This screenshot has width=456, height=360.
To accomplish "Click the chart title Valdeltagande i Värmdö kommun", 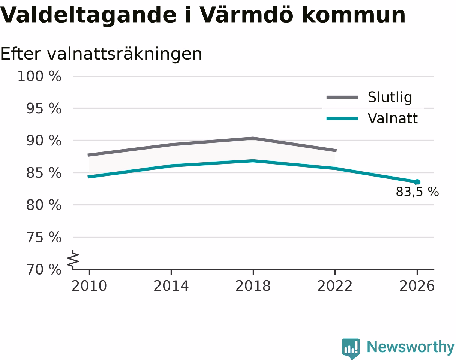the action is tap(202, 15).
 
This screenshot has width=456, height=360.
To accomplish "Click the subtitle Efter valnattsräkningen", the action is tap(101, 54).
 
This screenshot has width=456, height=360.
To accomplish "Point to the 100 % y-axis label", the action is tap(39, 76).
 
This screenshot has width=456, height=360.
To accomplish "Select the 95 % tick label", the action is tap(43, 108).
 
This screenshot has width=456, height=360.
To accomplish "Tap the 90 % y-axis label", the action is tap(43, 141).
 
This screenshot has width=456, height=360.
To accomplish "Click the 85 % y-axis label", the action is tap(43, 173).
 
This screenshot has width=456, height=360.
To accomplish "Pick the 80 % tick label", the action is tap(43, 205).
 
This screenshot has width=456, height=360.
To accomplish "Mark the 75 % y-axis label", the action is tap(43, 237).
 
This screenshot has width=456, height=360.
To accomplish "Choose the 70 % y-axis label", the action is tap(43, 270).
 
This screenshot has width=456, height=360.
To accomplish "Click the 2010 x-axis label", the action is tap(89, 286).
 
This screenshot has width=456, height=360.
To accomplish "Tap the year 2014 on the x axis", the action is tap(171, 286).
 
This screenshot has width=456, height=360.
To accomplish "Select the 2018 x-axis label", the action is tap(253, 286).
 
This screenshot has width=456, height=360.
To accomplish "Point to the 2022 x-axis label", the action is tap(335, 286).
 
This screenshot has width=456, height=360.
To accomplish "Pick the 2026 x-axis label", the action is tap(417, 286).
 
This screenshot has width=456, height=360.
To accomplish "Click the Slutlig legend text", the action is tap(390, 97).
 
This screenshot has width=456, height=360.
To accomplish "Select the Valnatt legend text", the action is tap(393, 118).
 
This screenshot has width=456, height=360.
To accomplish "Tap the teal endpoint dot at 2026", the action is tap(417, 182).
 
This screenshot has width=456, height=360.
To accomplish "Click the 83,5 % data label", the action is tap(417, 192).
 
